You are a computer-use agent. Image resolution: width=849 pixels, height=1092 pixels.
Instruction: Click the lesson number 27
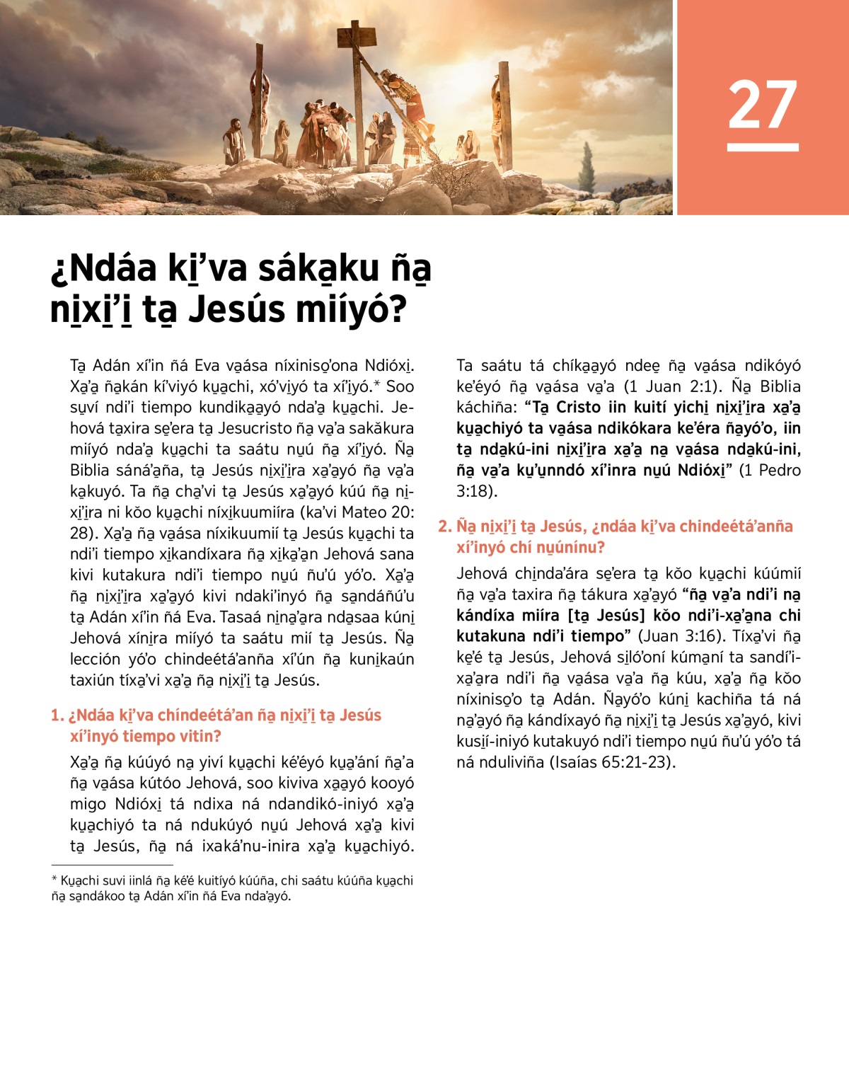[763, 105]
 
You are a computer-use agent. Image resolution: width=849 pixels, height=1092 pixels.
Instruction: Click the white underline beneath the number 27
[763, 147]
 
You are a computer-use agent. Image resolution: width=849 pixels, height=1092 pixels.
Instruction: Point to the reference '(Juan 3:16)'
[680, 636]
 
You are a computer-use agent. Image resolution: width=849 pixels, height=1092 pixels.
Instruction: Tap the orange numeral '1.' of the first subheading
[57, 715]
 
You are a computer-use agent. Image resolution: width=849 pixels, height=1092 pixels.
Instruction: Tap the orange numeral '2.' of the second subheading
[444, 527]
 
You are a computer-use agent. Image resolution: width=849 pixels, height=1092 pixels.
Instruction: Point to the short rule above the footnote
[112, 865]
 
